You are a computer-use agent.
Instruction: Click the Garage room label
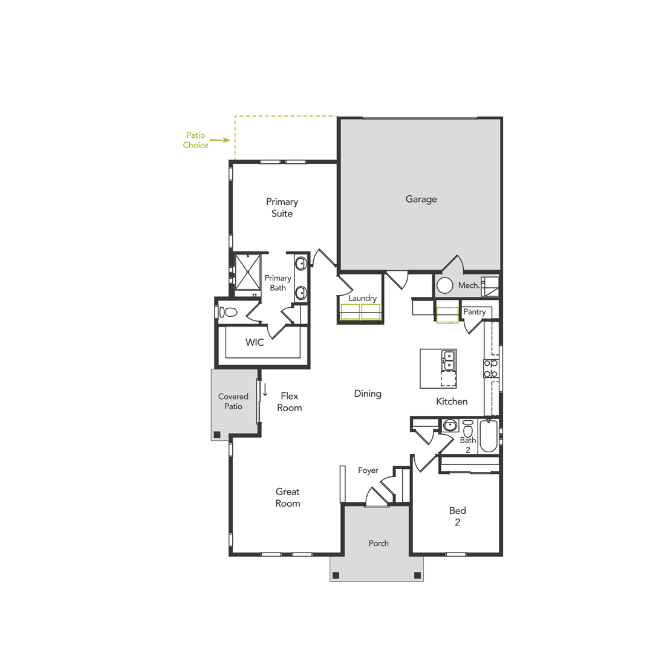point(421,199)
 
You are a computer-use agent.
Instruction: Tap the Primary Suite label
point(282,207)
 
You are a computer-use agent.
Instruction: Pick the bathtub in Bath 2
point(488,437)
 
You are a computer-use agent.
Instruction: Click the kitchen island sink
point(449,360)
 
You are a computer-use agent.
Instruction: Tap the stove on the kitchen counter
point(490,368)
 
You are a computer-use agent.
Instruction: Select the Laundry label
point(362,298)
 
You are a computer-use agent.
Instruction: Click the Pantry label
point(474,312)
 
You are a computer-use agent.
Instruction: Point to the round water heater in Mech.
point(446,285)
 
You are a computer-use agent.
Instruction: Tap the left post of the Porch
point(336,575)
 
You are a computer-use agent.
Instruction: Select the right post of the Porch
point(417,575)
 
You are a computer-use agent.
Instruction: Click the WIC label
point(255,342)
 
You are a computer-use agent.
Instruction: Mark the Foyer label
point(368,470)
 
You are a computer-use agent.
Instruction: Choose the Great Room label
point(288,498)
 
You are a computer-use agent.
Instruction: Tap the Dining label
point(368,394)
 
